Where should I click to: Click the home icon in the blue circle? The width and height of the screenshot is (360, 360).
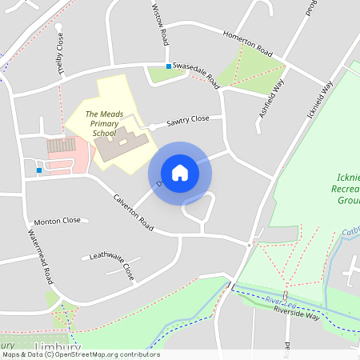tap(179, 172)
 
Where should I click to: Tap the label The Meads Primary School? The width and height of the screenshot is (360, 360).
tap(104, 124)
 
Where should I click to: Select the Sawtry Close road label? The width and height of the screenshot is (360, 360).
tap(187, 121)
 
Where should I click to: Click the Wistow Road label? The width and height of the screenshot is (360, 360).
tap(161, 24)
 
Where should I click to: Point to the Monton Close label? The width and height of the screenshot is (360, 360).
tap(57, 221)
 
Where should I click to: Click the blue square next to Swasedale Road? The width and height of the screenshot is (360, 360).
tap(168, 66)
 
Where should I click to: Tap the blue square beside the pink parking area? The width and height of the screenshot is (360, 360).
tap(39, 170)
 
